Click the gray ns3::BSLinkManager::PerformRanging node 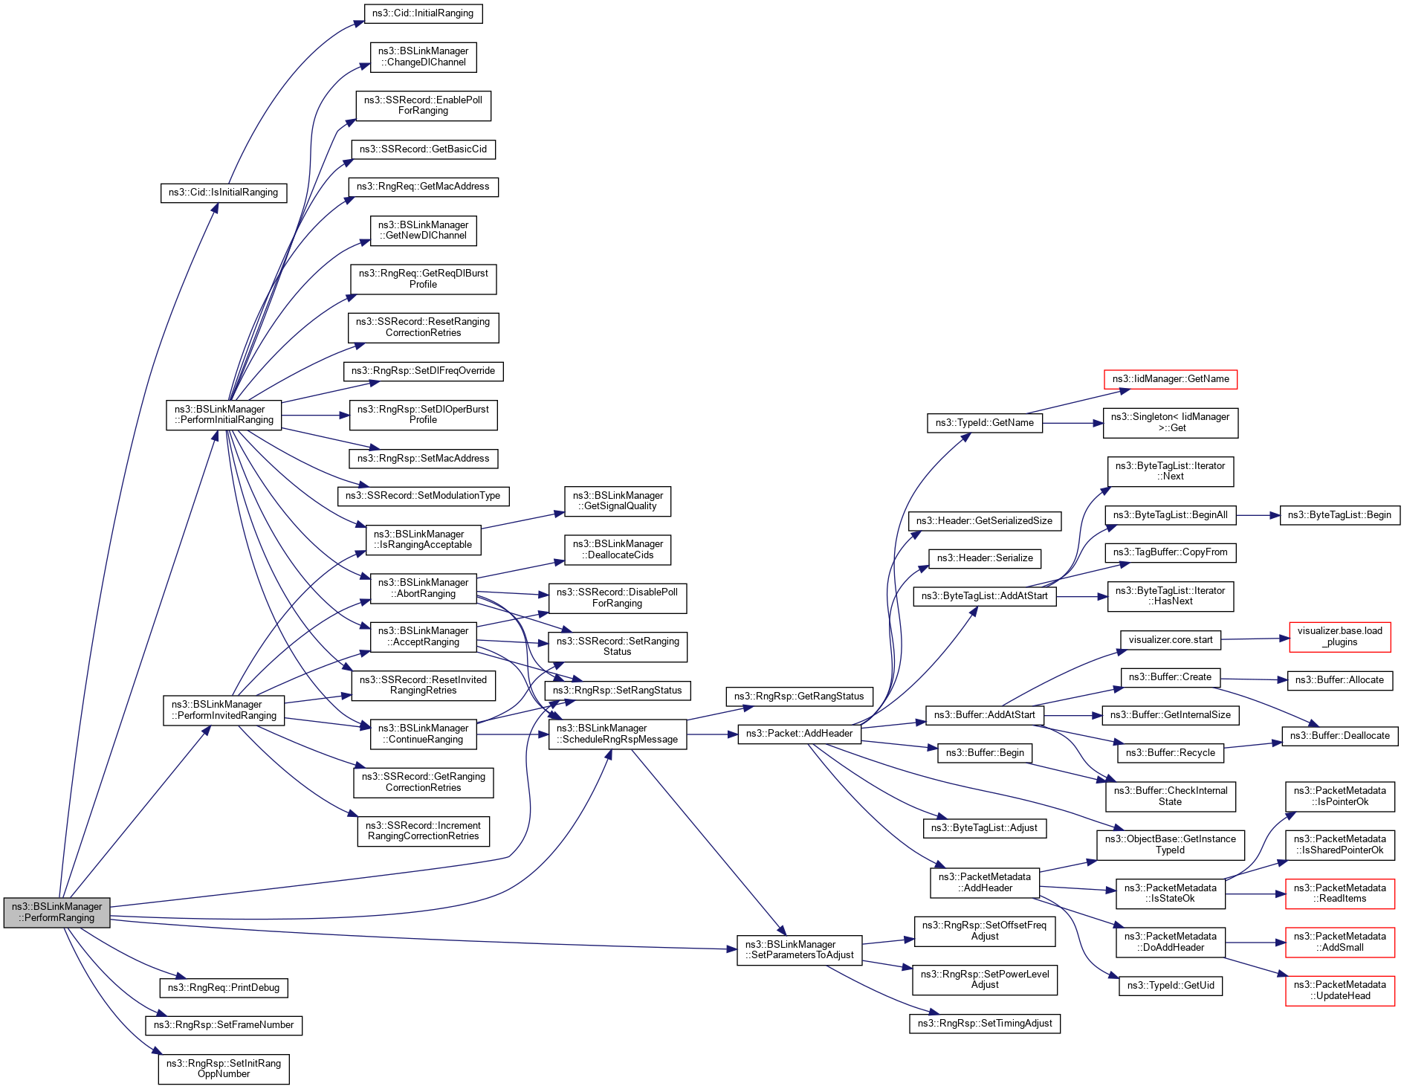56,912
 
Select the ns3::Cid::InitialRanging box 423,13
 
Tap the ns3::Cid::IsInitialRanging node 223,193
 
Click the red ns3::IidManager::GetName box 1170,379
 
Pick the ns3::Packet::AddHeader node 799,734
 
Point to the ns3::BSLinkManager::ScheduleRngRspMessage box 617,734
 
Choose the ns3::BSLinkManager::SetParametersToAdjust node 799,950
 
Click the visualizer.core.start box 1170,640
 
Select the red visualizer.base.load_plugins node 1339,637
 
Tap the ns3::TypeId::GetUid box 1170,986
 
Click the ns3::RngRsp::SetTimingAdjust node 984,1024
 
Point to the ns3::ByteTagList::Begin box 1339,515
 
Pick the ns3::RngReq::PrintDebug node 223,988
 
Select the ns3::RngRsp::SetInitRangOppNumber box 223,1069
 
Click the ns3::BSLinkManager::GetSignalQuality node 617,501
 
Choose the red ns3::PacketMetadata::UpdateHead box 1339,991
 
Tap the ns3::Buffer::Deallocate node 1339,736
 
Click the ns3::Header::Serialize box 984,558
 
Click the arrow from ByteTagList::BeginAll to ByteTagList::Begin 1258,515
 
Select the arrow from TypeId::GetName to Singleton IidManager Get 1073,423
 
